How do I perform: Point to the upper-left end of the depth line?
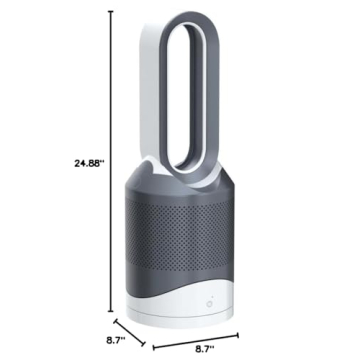click(114, 320)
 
